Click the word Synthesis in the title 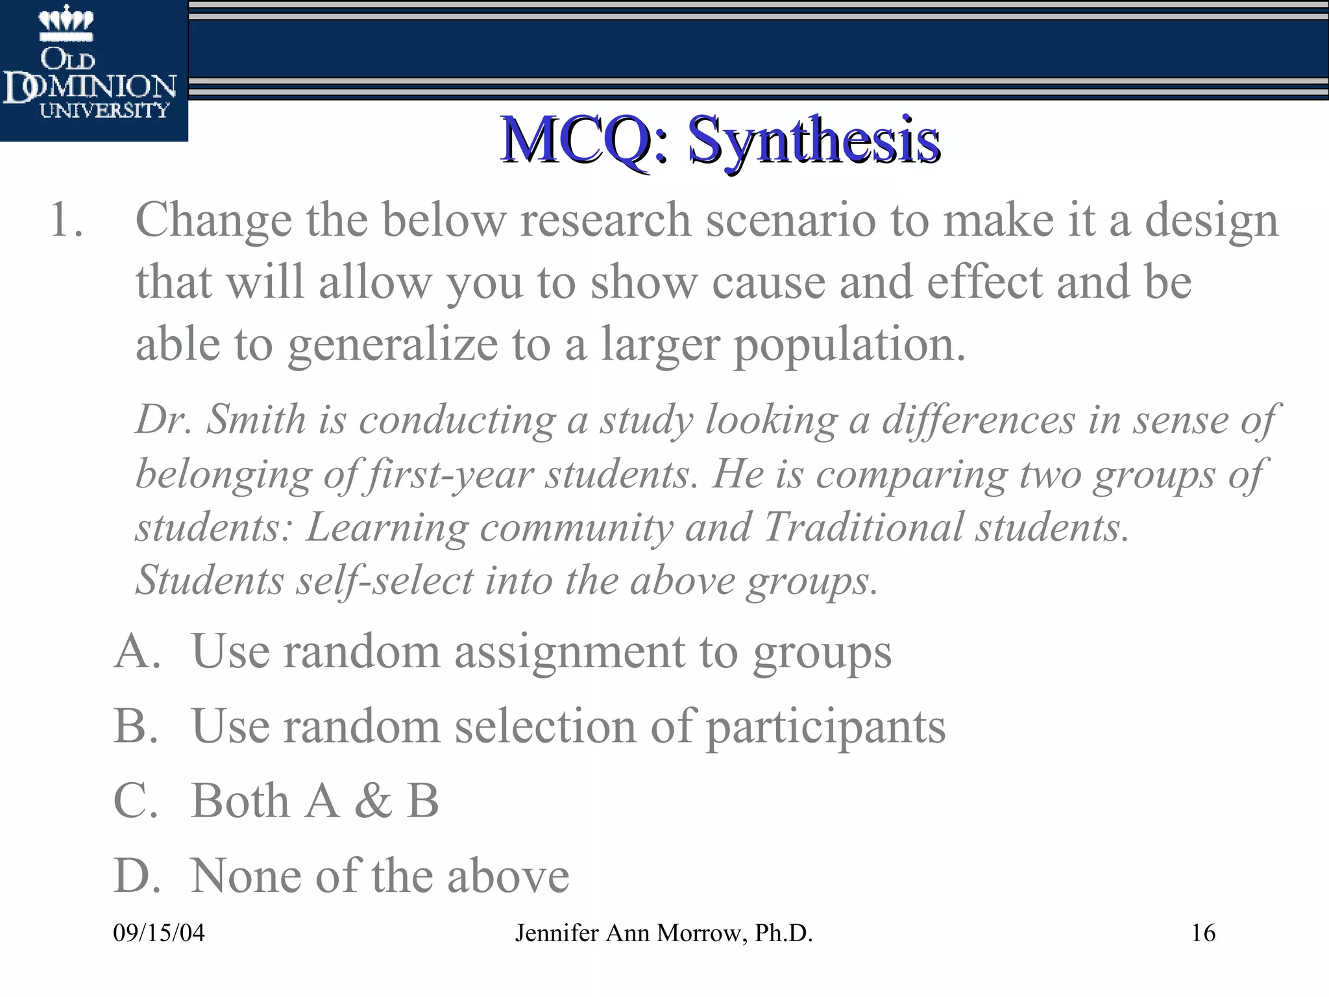(814, 140)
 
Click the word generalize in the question (393, 345)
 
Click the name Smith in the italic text (256, 420)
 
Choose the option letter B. (136, 726)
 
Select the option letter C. (136, 801)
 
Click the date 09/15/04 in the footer (159, 933)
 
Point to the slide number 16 (1203, 933)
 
